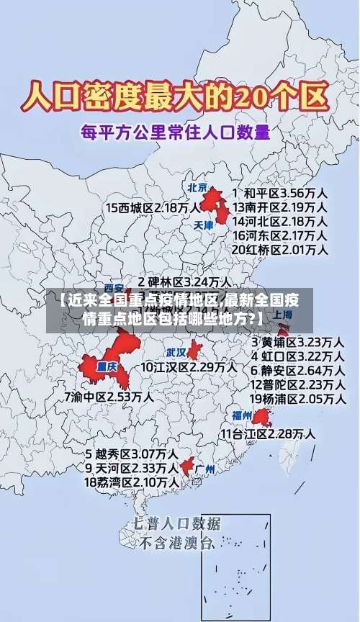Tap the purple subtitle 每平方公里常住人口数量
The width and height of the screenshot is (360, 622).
pos(176,132)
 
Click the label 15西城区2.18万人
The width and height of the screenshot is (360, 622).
pos(152,208)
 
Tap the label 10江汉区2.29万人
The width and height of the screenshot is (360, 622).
pos(189,367)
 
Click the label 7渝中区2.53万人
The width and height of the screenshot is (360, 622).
pos(108,396)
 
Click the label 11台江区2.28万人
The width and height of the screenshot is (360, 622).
pos(267,434)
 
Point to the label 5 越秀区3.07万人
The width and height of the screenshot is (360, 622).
pos(132,454)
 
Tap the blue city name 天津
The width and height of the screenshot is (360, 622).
pos(204,225)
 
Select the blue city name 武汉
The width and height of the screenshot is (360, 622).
pos(176,353)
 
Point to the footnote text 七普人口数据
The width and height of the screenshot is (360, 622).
pos(176,523)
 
